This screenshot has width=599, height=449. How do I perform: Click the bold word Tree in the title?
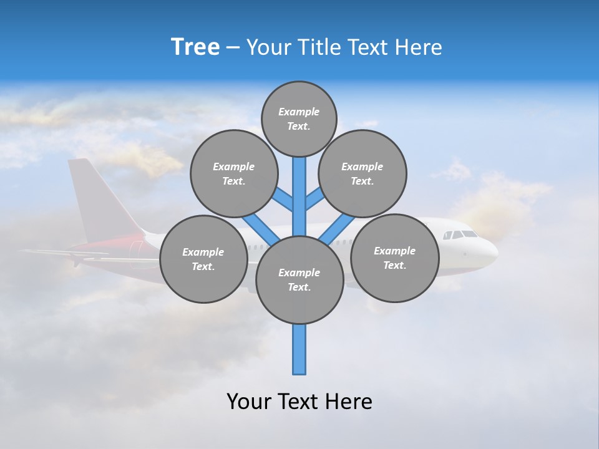(195, 47)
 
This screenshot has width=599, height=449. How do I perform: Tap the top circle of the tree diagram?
(299, 118)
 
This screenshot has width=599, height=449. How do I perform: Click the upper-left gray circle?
(234, 173)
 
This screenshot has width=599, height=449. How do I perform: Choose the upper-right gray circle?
(363, 173)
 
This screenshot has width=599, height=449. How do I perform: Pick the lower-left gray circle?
(203, 259)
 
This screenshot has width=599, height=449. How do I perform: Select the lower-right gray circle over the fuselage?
(394, 258)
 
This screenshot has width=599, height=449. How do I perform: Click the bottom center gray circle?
(299, 279)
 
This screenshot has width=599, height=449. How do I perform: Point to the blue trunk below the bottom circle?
(299, 349)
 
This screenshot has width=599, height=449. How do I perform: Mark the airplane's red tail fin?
(94, 200)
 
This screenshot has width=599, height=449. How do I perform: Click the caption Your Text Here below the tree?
(299, 402)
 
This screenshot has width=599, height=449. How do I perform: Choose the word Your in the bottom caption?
(249, 402)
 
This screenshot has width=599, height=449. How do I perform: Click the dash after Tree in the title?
(233, 48)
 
